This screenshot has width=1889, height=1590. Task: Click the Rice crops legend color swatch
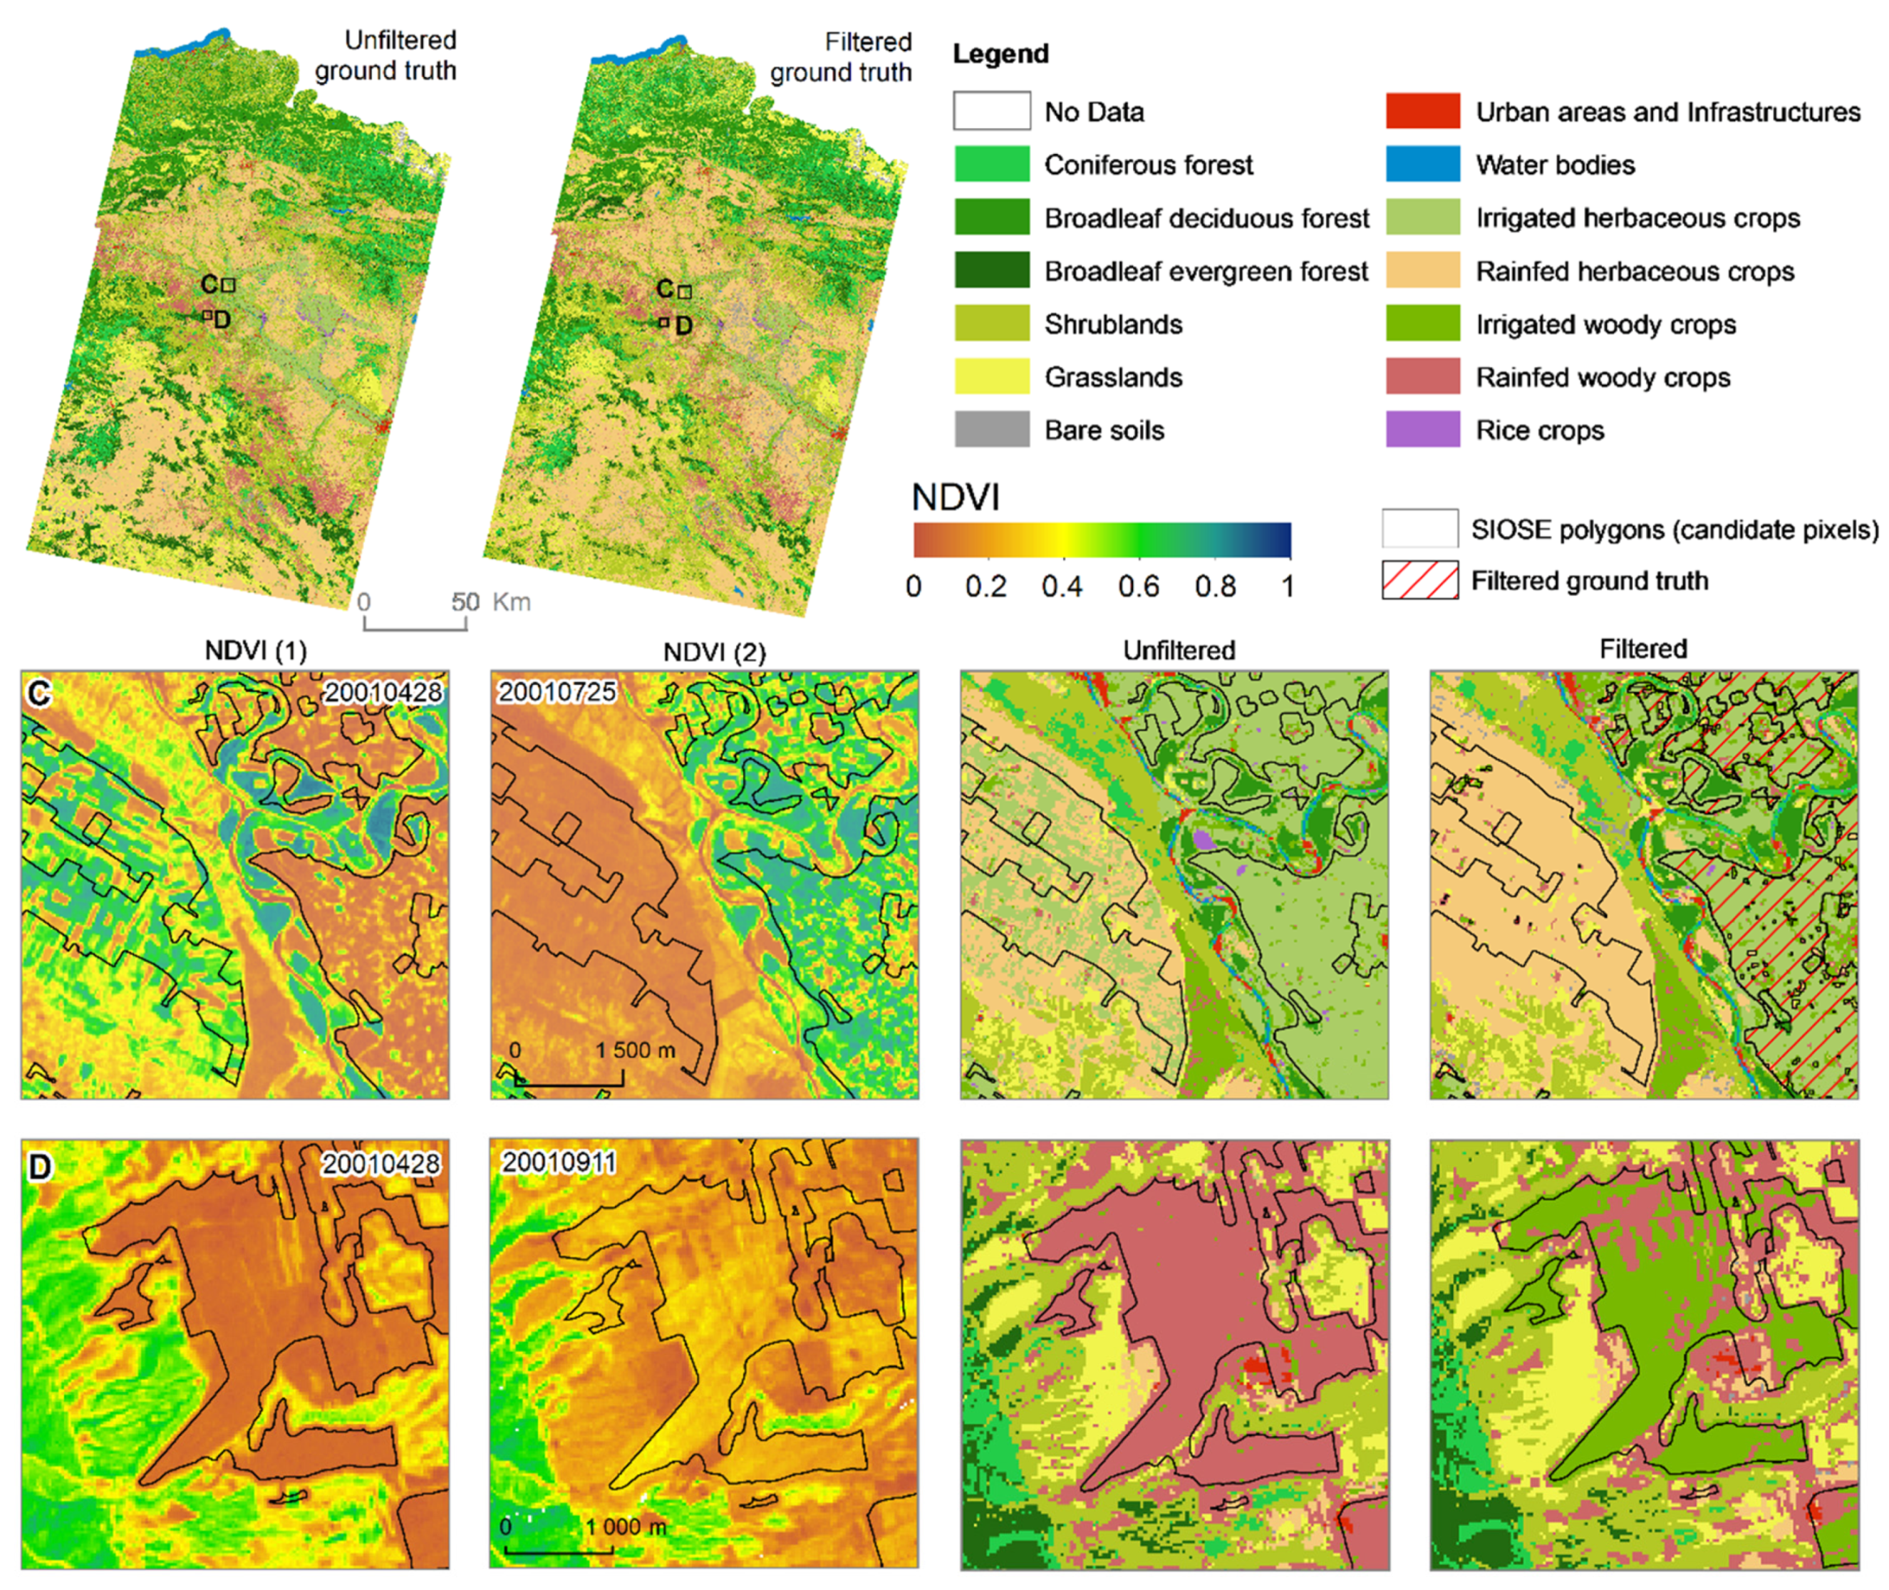[1422, 430]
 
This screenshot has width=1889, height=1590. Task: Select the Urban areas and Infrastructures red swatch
[1422, 111]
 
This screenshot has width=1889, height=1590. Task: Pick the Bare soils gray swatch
[991, 430]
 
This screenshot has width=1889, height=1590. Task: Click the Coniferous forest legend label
[1148, 165]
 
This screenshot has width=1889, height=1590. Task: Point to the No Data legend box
[991, 111]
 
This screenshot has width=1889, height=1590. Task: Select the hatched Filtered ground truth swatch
[1419, 580]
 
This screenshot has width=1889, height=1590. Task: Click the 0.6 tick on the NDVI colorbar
[1138, 587]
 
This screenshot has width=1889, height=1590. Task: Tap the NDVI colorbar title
[956, 497]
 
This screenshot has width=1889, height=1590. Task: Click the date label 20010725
[557, 692]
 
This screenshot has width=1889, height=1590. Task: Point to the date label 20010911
[559, 1163]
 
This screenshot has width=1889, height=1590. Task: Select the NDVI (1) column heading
[256, 650]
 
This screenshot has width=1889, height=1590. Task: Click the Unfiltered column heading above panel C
[1179, 650]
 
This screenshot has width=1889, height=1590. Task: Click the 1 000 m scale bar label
[626, 1527]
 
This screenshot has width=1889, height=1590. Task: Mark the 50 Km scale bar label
[491, 602]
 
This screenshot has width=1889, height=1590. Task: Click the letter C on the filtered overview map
[665, 289]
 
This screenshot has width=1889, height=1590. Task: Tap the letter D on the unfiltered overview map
[222, 320]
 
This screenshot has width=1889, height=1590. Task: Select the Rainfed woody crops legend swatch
[1422, 377]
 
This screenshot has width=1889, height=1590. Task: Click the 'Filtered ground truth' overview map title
[841, 58]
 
